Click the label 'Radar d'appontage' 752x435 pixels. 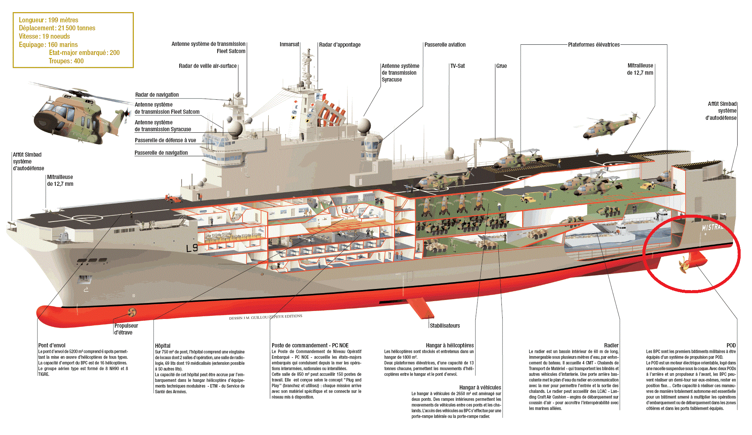click(x=340, y=45)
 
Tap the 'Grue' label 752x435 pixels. click(x=501, y=66)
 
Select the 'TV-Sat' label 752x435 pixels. click(x=457, y=66)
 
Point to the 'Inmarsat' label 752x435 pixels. click(x=289, y=44)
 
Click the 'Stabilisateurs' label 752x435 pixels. click(x=445, y=326)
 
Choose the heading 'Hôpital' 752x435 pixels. click(x=163, y=346)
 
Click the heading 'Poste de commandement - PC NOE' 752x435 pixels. click(x=310, y=345)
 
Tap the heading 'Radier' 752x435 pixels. click(x=611, y=345)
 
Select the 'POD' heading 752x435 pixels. click(x=731, y=345)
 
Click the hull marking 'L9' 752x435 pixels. click(x=192, y=248)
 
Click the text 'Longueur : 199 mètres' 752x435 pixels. click(x=49, y=20)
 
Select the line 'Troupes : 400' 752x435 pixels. click(x=66, y=61)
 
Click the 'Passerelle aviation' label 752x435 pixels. click(x=445, y=45)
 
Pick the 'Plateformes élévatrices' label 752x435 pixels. click(x=594, y=45)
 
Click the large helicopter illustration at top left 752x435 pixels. click(x=72, y=114)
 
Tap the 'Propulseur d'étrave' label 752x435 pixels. click(x=126, y=329)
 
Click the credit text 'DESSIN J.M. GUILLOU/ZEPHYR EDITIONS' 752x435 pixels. click(x=266, y=317)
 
